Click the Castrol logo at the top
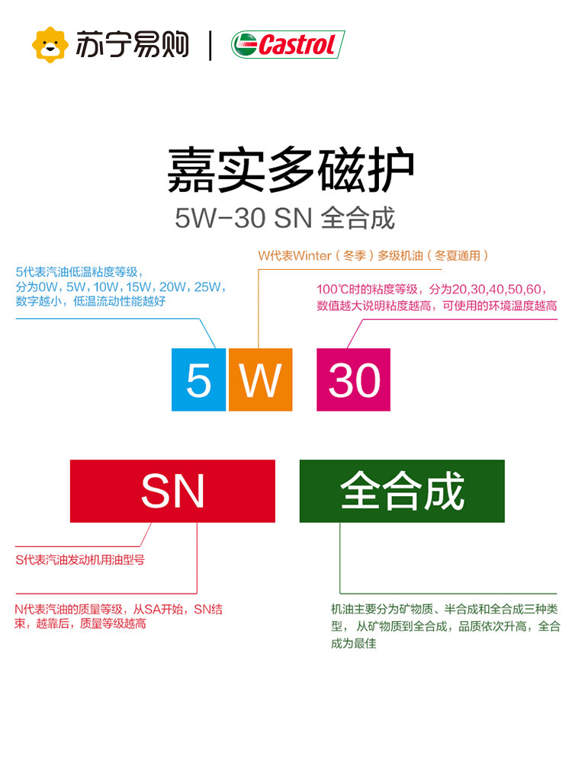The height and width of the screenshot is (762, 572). [x=288, y=45]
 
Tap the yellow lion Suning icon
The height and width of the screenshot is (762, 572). [x=50, y=45]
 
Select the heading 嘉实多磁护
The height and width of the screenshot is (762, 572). [x=291, y=171]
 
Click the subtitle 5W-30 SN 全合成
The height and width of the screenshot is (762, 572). [x=284, y=219]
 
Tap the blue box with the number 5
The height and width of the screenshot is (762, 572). [x=198, y=379]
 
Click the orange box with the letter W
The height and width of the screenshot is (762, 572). [x=261, y=379]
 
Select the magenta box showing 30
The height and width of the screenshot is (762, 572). [x=353, y=379]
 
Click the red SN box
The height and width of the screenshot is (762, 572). [x=172, y=491]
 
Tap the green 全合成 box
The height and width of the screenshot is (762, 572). [x=402, y=491]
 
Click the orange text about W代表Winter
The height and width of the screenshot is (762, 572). [x=372, y=256]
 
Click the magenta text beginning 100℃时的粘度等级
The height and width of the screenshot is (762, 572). [x=436, y=297]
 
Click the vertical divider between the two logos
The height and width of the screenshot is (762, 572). [x=210, y=45]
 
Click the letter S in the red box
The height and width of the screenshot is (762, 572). [x=156, y=491]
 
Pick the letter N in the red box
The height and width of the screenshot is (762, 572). [x=189, y=491]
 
